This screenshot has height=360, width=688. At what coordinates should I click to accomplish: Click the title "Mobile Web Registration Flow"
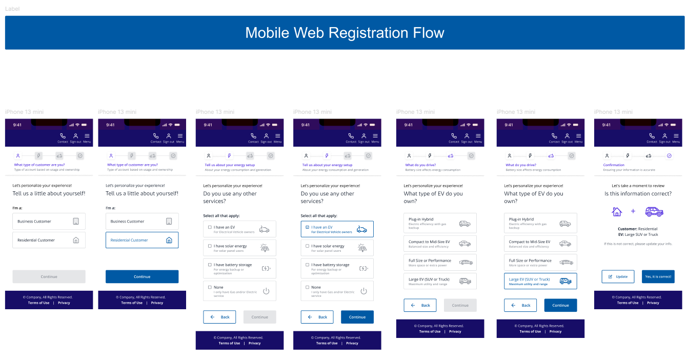(x=345, y=33)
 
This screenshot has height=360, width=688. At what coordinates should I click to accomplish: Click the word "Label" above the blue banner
(x=12, y=9)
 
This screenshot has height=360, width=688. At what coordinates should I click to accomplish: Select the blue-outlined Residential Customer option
(x=142, y=240)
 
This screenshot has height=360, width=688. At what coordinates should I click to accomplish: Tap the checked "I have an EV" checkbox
(x=307, y=227)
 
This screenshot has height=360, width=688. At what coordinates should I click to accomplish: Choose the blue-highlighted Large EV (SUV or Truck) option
(x=540, y=281)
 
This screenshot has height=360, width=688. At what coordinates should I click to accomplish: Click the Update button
(x=618, y=276)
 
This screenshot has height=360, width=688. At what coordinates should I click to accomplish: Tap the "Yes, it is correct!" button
(x=658, y=276)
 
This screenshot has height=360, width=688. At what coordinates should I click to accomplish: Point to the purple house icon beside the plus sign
(x=617, y=211)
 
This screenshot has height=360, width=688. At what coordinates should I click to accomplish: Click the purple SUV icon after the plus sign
(x=654, y=211)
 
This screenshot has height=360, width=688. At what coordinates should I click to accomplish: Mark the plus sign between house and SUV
(x=633, y=211)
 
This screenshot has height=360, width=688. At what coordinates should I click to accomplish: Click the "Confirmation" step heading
(x=614, y=165)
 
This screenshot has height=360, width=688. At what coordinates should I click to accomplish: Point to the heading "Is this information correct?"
(x=638, y=194)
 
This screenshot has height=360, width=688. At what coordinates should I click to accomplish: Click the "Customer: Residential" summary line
(x=638, y=229)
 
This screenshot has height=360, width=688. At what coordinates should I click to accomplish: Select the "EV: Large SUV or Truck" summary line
(x=638, y=234)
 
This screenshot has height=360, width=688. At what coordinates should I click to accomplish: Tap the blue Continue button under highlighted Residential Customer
(x=142, y=276)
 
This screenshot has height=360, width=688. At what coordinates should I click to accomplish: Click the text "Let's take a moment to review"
(x=638, y=186)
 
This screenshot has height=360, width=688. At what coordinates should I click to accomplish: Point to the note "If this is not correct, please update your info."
(x=638, y=244)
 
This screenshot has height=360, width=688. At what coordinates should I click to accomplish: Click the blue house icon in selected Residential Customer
(x=169, y=240)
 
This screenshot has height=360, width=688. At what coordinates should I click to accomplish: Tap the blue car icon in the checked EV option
(x=362, y=229)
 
